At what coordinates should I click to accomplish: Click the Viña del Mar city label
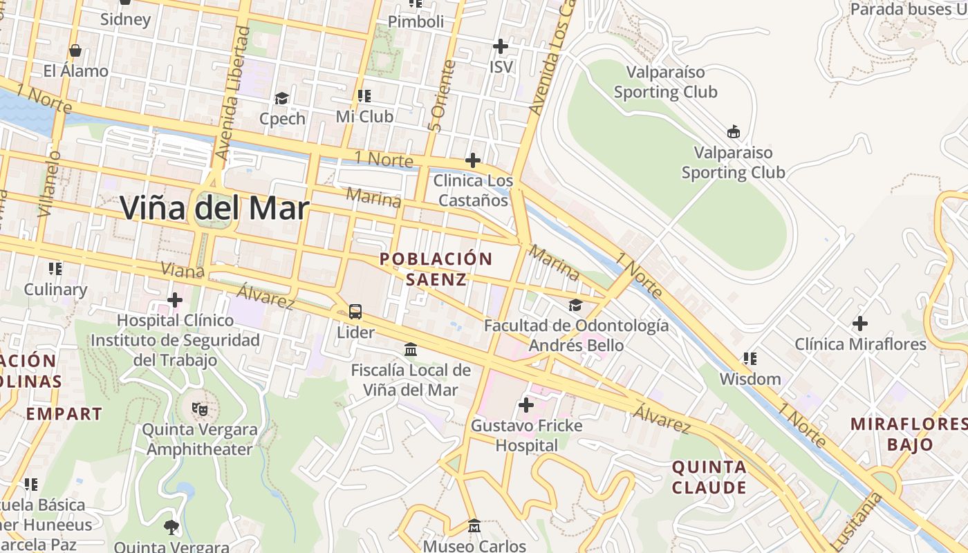[x=214, y=207]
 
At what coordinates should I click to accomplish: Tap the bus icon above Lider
[x=355, y=312]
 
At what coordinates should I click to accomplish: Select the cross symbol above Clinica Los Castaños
[x=473, y=161]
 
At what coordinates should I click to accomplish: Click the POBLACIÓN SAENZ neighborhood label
[x=436, y=269]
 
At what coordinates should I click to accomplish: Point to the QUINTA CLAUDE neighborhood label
[x=709, y=477]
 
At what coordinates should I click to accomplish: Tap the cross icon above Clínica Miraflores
[x=860, y=323]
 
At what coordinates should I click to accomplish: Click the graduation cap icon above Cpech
[x=281, y=98]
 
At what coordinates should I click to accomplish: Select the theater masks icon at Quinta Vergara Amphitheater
[x=199, y=409]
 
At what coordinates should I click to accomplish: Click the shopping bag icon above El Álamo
[x=75, y=50]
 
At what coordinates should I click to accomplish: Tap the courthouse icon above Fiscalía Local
[x=411, y=350]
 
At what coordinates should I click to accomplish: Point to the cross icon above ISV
[x=501, y=46]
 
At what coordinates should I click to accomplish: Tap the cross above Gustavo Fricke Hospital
[x=526, y=405]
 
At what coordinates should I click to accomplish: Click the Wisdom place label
[x=750, y=379]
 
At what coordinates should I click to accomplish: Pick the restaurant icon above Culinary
[x=55, y=268]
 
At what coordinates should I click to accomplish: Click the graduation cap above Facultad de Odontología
[x=575, y=305]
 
